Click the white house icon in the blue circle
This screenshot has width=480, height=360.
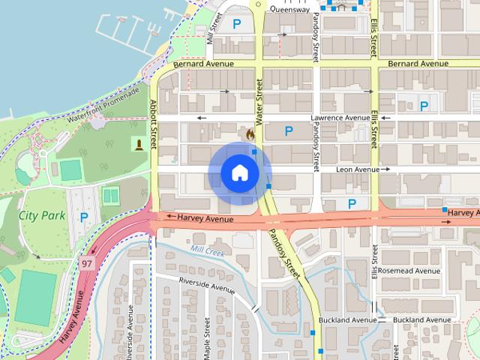(x=239, y=172)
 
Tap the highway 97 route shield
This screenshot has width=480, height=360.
(x=88, y=263)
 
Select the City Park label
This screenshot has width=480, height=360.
(x=42, y=215)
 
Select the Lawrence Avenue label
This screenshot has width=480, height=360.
(x=340, y=118)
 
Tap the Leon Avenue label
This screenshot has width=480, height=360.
(x=357, y=170)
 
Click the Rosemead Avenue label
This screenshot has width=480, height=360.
(x=409, y=270)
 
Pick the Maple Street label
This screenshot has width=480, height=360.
(x=206, y=337)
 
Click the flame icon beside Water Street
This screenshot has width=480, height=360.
(x=249, y=132)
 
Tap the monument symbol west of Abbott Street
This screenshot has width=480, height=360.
(x=139, y=143)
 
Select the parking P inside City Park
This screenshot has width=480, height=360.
(x=84, y=217)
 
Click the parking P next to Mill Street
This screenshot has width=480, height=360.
(x=237, y=24)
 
